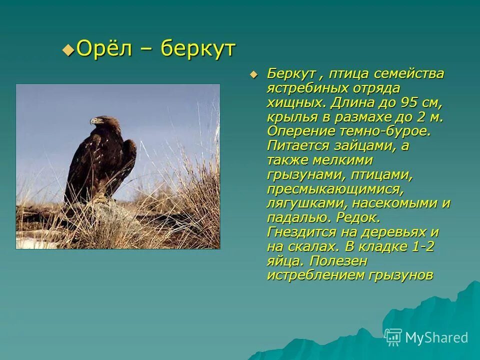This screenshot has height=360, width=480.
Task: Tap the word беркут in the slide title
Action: [198, 49]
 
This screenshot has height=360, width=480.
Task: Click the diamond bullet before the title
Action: [67, 49]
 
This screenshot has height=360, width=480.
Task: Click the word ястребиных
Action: [304, 88]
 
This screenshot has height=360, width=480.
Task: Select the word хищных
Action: [295, 102]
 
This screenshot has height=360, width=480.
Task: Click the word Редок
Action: [358, 218]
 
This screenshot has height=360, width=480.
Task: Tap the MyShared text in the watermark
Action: [436, 337]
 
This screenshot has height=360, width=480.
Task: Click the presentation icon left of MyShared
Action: [393, 337]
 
